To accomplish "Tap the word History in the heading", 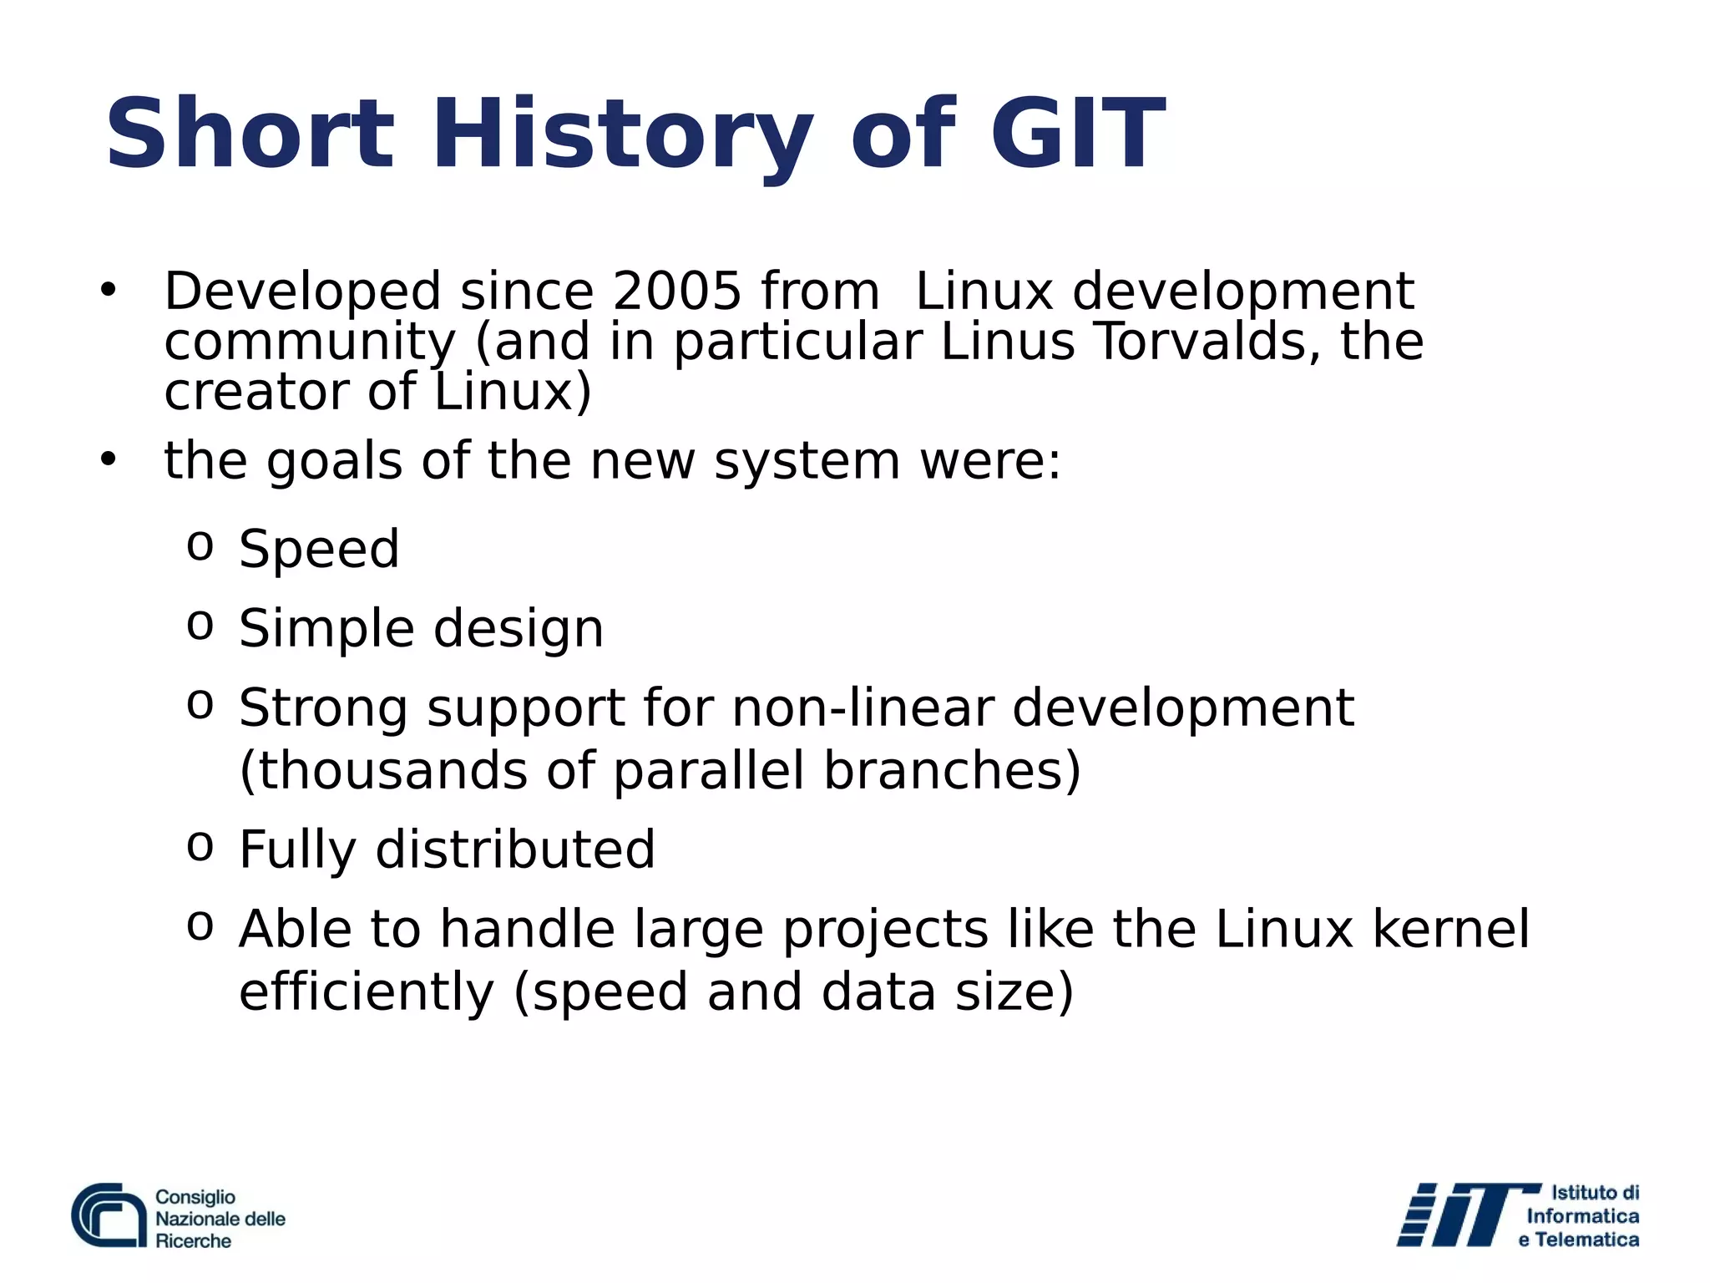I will pyautogui.click(x=621, y=134).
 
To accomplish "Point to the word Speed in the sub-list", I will pyautogui.click(x=319, y=549).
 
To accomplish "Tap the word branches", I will pyautogui.click(x=953, y=770).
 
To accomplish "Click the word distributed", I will pyautogui.click(x=515, y=849).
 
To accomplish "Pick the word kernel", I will pyautogui.click(x=1451, y=929).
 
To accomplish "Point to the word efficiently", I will pyautogui.click(x=367, y=991).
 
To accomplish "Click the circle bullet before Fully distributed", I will pyautogui.click(x=200, y=846).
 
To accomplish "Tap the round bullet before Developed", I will pyautogui.click(x=108, y=291).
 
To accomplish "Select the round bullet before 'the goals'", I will pyautogui.click(x=108, y=459).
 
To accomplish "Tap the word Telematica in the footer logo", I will pyautogui.click(x=1586, y=1240).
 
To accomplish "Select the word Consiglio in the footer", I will pyautogui.click(x=195, y=1197).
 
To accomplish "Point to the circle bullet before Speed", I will pyautogui.click(x=200, y=546).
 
